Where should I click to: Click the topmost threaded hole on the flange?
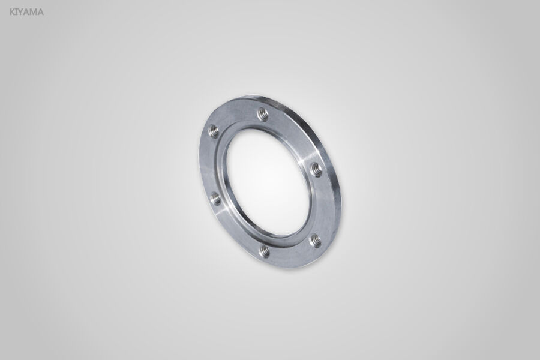[262, 114]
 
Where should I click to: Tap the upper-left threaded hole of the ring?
[213, 130]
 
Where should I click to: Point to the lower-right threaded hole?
[315, 241]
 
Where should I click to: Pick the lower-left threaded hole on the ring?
[215, 198]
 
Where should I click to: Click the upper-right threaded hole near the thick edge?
[316, 170]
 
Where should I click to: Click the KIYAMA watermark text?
[27, 11]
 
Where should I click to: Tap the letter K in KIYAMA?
[13, 11]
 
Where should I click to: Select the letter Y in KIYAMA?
[22, 11]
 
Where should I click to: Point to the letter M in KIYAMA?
[34, 11]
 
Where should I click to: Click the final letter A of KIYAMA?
[41, 11]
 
